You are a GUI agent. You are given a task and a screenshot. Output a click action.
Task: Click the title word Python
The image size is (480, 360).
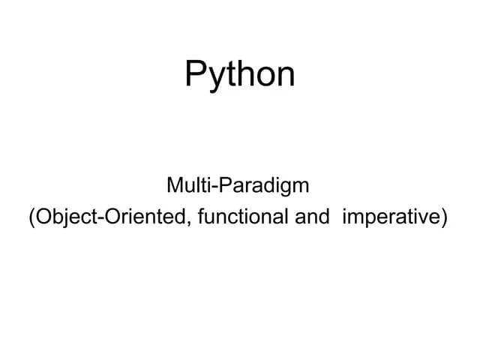click(240, 75)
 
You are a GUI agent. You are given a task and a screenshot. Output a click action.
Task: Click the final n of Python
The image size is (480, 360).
click(286, 77)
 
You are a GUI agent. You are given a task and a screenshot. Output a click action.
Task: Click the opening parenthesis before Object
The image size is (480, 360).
click(31, 218)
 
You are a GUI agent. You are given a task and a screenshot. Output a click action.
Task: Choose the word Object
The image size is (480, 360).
click(64, 218)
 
